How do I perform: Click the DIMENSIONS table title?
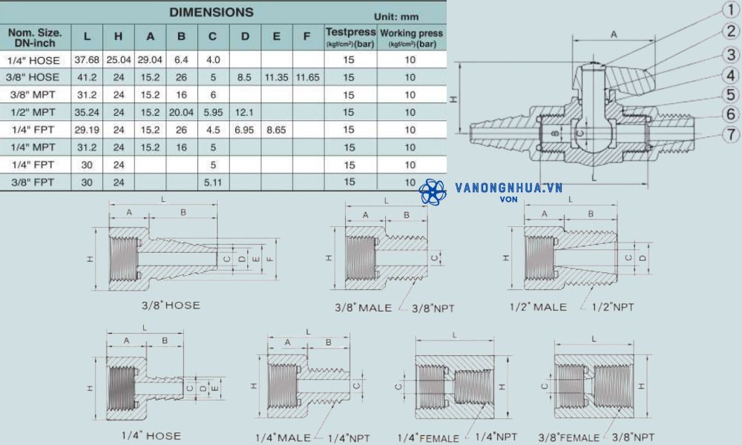click(x=211, y=12)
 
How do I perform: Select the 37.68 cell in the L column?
click(x=88, y=59)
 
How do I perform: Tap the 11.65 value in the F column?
click(x=307, y=77)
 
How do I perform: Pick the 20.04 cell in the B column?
click(x=182, y=112)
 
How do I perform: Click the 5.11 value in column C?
click(x=213, y=182)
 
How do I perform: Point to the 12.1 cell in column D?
click(x=245, y=112)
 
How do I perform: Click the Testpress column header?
click(x=350, y=36)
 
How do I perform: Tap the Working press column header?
click(x=411, y=37)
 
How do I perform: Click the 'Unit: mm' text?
click(x=397, y=16)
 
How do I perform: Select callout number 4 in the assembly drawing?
click(x=731, y=75)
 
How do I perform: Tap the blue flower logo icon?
click(x=433, y=192)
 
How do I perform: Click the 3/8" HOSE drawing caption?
click(x=171, y=305)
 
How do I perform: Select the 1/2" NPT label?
click(x=613, y=307)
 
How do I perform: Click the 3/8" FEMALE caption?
click(x=579, y=437)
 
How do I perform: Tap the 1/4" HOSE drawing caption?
click(x=151, y=435)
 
